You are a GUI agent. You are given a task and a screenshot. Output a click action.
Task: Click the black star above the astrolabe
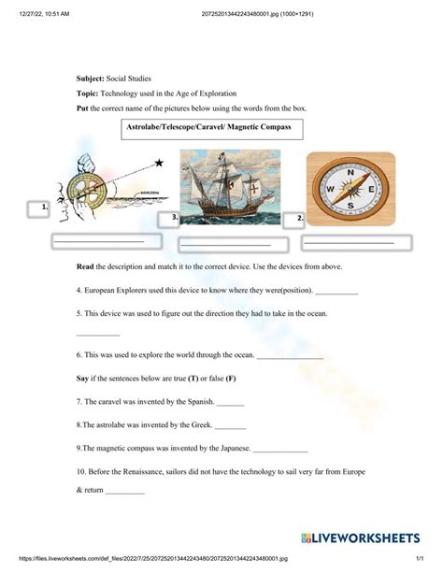pos(159,163)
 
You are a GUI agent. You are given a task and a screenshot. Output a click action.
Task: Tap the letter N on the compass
pos(350,172)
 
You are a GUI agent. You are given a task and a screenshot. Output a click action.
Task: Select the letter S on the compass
pos(350,206)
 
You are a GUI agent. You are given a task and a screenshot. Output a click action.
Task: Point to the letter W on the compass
pos(330,189)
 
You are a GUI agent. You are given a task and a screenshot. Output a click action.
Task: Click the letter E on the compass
pos(371,190)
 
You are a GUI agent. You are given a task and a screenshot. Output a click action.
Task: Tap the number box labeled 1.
pos(38,209)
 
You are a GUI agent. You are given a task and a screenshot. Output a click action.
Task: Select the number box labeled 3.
pos(168,220)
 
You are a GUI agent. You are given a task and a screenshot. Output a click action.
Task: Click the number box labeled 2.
pos(293,221)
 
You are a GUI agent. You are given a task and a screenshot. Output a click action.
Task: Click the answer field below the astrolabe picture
pos(107,241)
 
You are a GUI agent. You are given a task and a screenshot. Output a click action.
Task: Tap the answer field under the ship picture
pos(234,245)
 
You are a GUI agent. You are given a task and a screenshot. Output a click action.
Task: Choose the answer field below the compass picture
pos(357,243)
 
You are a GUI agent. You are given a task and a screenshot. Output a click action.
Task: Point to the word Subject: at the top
pos(91,79)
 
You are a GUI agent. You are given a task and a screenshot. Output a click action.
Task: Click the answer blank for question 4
pos(336,292)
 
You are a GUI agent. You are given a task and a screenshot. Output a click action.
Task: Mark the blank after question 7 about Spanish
pos(230,404)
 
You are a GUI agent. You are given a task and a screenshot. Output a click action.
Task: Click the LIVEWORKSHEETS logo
pos(361,537)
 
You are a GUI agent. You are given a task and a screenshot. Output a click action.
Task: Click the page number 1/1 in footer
pos(420,558)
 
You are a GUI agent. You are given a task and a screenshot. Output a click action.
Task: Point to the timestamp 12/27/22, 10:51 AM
pos(44,14)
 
